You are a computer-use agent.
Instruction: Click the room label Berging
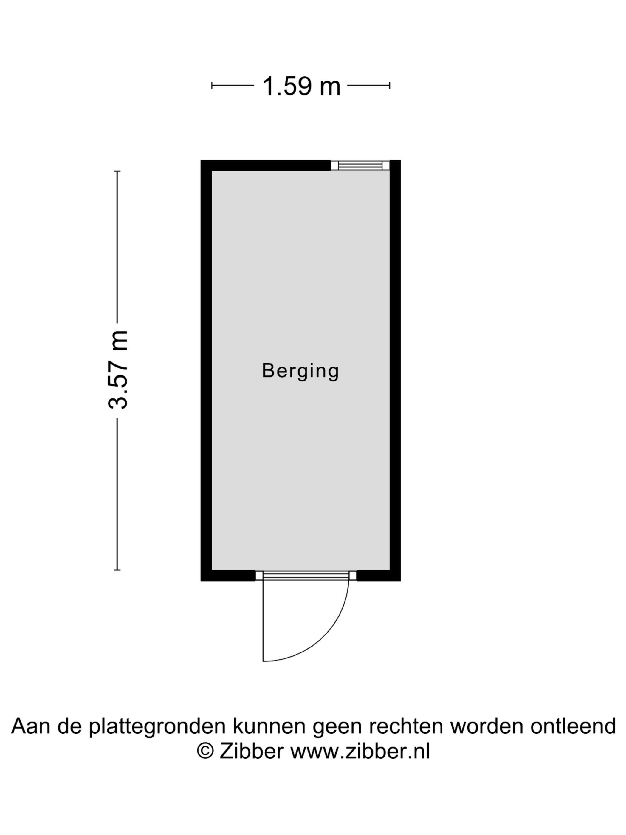(300, 371)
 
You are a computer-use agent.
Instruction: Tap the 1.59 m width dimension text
(301, 86)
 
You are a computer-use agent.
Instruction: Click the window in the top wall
(360, 165)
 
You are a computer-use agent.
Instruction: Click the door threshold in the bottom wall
(306, 576)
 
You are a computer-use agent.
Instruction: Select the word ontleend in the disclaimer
(573, 726)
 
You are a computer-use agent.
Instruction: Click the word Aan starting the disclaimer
(31, 726)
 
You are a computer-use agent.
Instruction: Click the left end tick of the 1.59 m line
(212, 86)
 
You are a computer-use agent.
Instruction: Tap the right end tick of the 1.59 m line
(389, 86)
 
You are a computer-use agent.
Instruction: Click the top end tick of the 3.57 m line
(117, 171)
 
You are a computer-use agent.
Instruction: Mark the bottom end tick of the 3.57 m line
(117, 570)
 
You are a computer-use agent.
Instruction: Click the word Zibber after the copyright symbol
(251, 751)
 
